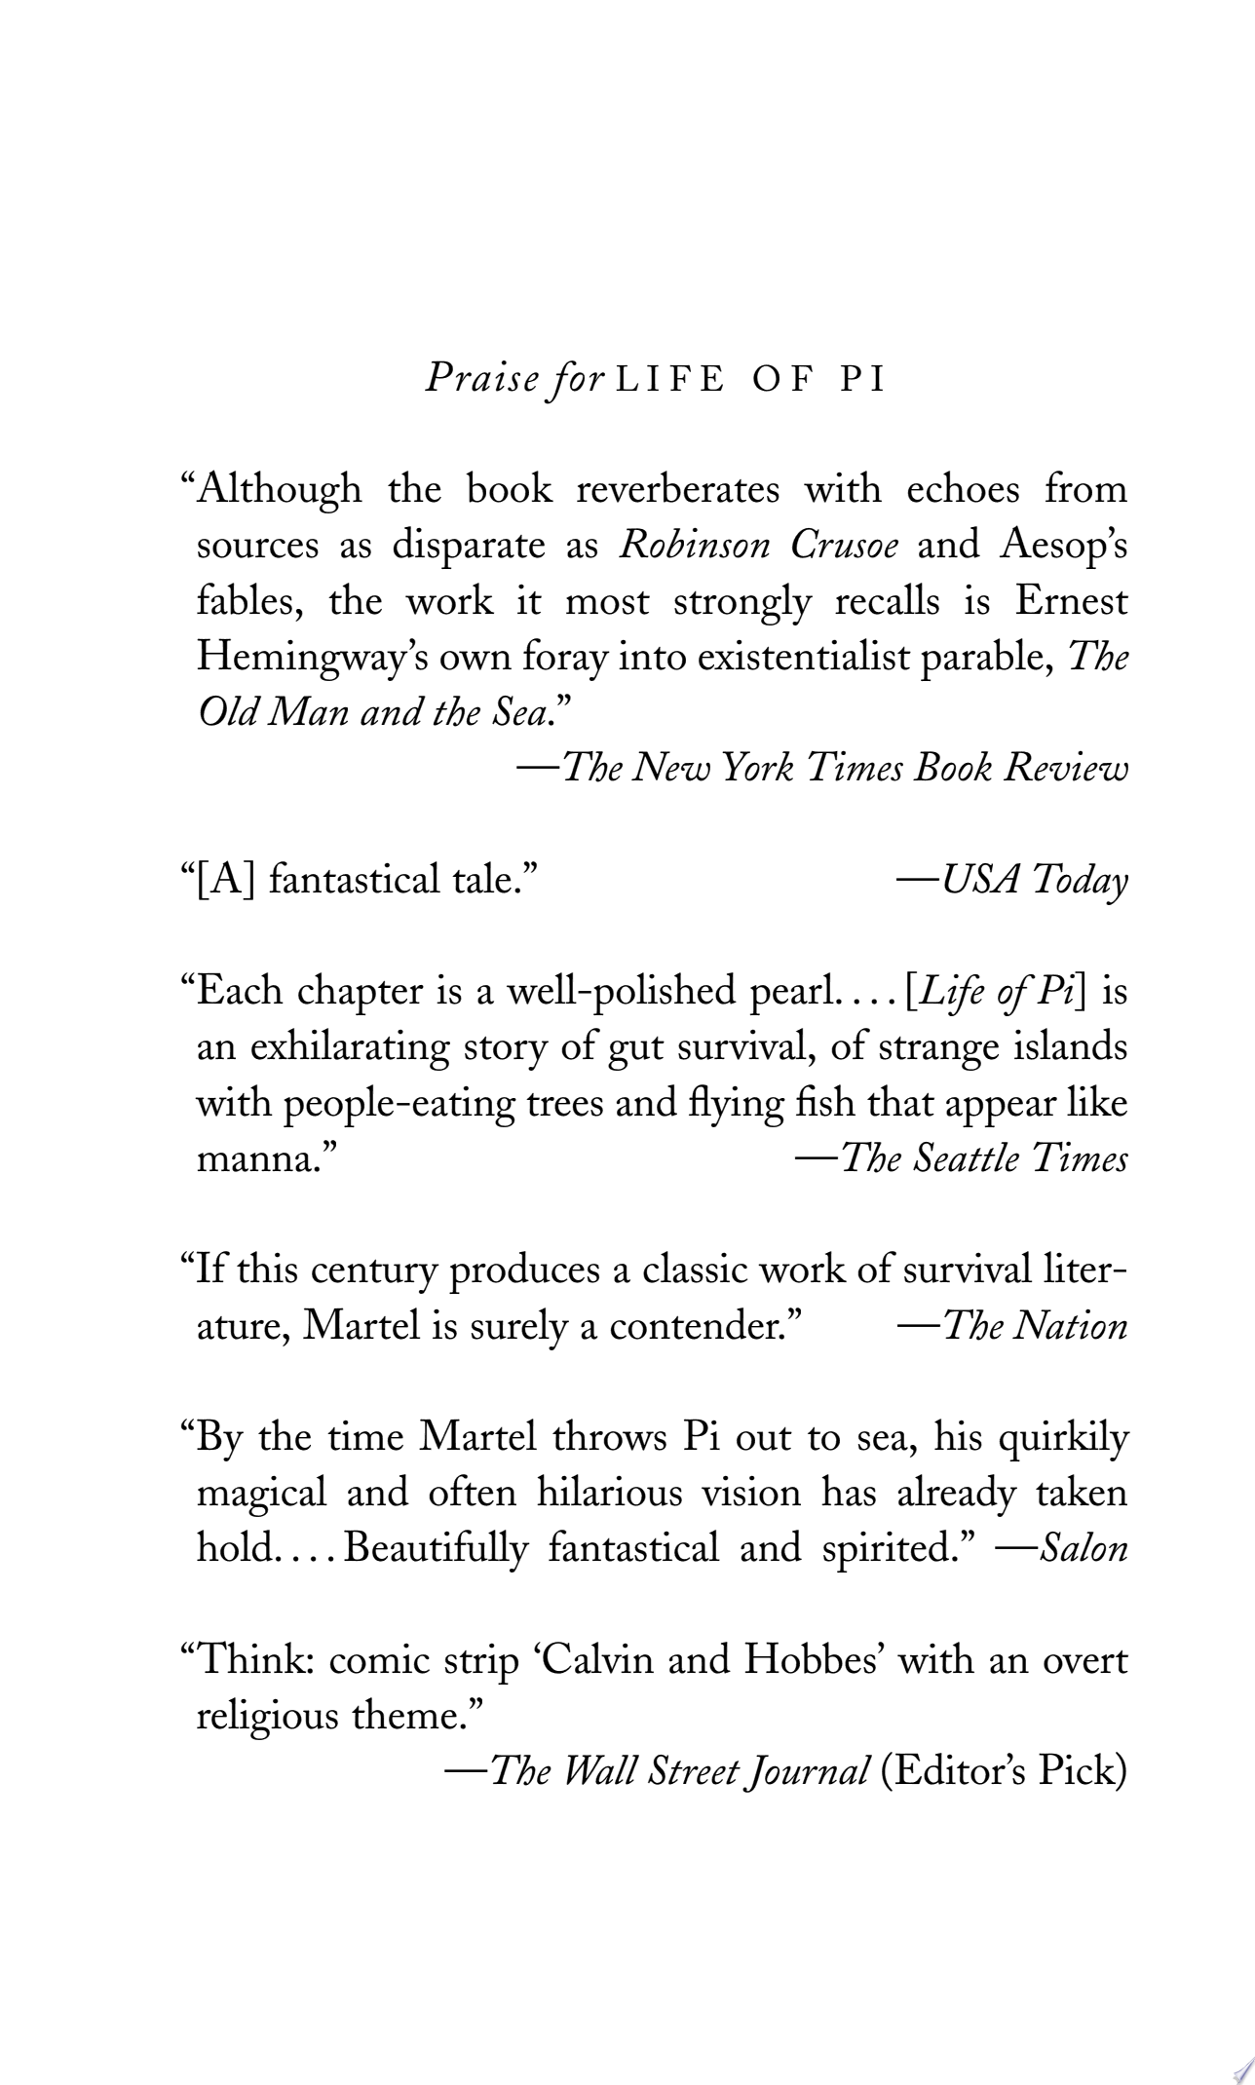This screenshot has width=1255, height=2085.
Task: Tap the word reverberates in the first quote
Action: click(x=677, y=489)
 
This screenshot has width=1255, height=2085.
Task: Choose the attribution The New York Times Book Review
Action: click(x=823, y=769)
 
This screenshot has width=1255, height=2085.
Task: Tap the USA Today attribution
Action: click(x=1013, y=880)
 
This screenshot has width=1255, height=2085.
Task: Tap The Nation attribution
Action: click(x=1013, y=1327)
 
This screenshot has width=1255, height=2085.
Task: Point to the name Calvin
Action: click(x=595, y=1660)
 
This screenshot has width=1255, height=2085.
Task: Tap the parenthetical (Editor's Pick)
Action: click(x=1003, y=1771)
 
